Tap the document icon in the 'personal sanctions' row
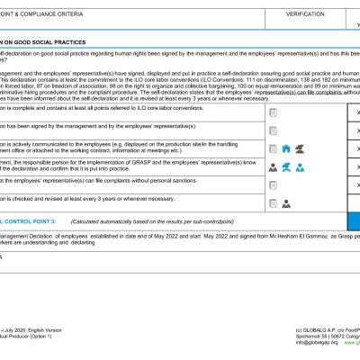click(272, 185)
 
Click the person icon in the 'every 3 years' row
click(285, 203)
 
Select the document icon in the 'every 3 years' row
click(272, 203)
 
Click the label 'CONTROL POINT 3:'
click(28, 220)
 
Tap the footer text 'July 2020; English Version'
click(32, 331)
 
